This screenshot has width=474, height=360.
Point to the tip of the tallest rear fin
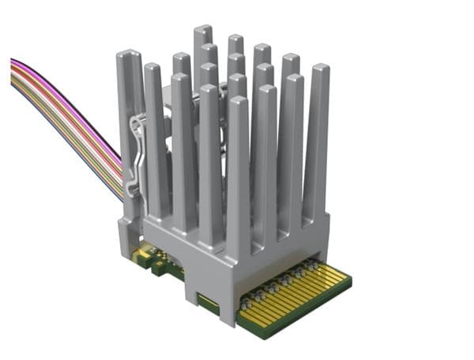pos(203,32)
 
